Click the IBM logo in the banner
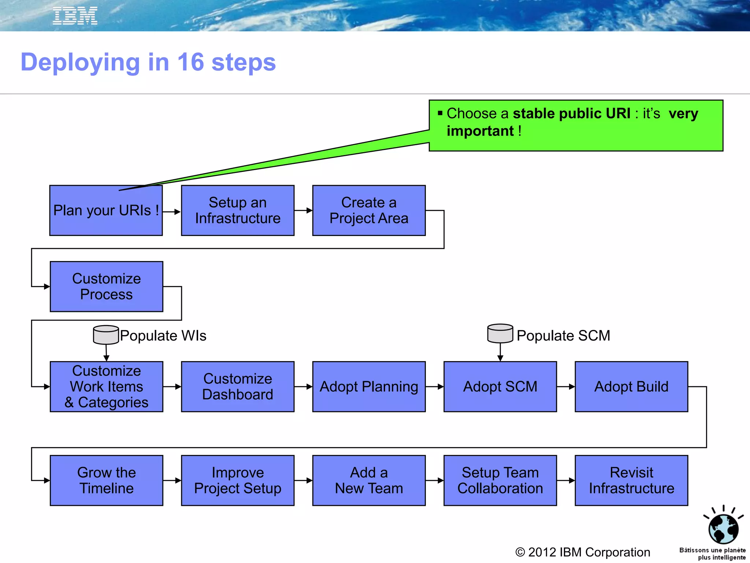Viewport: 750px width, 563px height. point(75,16)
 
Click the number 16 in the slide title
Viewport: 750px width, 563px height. point(190,62)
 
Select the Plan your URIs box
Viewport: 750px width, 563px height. point(106,211)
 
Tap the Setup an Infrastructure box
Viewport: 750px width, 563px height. point(238,210)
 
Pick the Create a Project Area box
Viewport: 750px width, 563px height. point(369,210)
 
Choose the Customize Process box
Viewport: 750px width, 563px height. point(106,287)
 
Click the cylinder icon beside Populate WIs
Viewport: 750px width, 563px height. point(106,335)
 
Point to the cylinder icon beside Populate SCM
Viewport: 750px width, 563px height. point(500,333)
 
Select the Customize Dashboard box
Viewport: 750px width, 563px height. point(238,387)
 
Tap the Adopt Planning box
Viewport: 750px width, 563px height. point(369,387)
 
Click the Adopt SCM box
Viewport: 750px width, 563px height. point(500,387)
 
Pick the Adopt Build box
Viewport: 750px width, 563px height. point(631,387)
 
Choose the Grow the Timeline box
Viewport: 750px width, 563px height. point(106,481)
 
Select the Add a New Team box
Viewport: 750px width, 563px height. point(369,481)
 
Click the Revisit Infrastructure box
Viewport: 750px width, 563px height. point(631,481)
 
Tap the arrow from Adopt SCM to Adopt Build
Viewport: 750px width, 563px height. point(566,387)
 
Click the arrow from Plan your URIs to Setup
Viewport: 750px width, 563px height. point(172,211)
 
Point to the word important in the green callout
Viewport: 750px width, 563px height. point(480,131)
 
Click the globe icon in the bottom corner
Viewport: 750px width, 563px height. point(723,528)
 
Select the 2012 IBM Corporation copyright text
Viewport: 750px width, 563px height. point(583,552)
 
